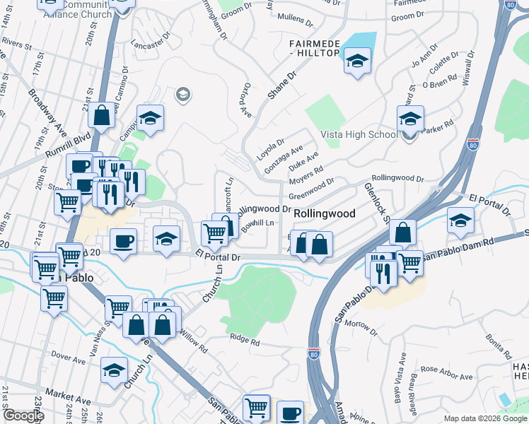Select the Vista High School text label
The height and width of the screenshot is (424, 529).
tap(359, 134)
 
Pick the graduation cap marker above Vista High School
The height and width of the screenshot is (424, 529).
tap(410, 118)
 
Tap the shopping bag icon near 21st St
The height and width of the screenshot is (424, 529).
tap(102, 114)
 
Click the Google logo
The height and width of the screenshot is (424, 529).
tap(23, 416)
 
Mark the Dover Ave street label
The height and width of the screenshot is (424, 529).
tap(69, 358)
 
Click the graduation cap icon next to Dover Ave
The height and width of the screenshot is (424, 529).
tap(114, 370)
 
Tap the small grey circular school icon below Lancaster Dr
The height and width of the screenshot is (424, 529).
tap(182, 95)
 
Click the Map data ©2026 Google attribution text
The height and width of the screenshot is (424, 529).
tap(484, 418)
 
